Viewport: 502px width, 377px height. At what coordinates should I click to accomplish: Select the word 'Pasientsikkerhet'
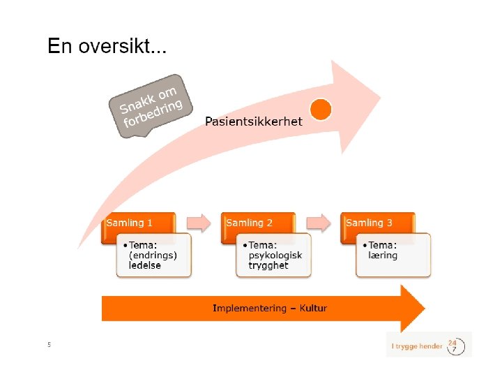point(254,121)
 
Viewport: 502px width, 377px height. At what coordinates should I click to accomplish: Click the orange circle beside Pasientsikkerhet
point(320,109)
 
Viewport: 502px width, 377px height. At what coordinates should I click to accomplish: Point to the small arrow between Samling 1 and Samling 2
point(199,223)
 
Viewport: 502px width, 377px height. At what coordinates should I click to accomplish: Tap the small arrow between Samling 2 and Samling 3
point(319,223)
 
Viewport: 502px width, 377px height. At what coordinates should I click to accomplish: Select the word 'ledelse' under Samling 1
point(145,265)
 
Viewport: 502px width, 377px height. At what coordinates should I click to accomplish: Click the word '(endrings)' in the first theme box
point(153,256)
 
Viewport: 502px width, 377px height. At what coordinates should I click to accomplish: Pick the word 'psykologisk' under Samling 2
point(275,256)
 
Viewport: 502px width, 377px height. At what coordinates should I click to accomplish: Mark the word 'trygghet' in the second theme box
point(268,265)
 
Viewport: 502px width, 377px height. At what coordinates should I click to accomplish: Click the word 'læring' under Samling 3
point(383,256)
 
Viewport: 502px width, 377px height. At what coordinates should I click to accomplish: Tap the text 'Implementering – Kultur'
point(269,308)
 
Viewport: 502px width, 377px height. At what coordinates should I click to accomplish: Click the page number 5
point(49,344)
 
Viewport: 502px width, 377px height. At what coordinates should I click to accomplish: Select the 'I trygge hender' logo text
point(417,346)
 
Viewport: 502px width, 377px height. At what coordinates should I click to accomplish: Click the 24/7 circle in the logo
point(455,346)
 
